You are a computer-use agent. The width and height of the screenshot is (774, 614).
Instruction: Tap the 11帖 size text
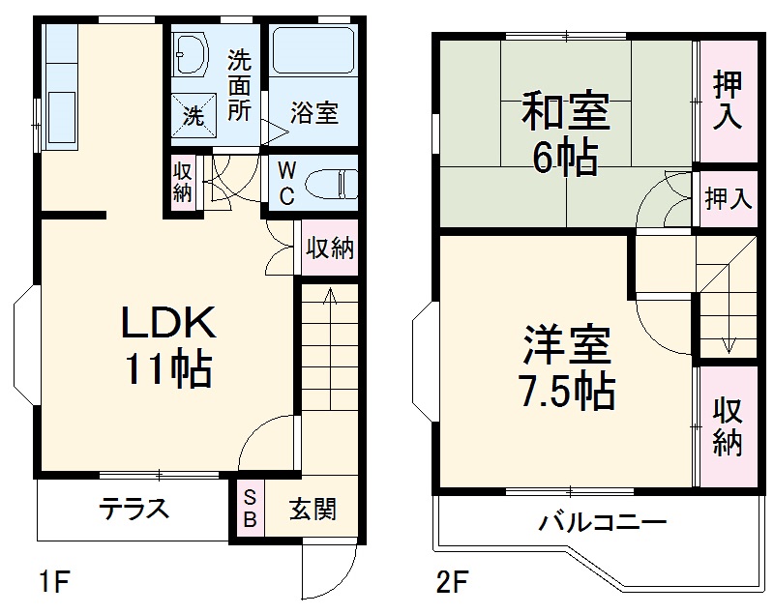pos(167,368)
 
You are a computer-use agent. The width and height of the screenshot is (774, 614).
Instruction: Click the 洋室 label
pos(569,345)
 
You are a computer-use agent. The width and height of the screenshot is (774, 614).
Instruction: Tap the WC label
pos(287,182)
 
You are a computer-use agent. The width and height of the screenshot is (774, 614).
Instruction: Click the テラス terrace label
pos(134,509)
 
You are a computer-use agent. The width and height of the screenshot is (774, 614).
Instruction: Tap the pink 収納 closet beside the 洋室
pos(728,426)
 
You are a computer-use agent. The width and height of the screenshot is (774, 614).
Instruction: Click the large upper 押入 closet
pos(728,100)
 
